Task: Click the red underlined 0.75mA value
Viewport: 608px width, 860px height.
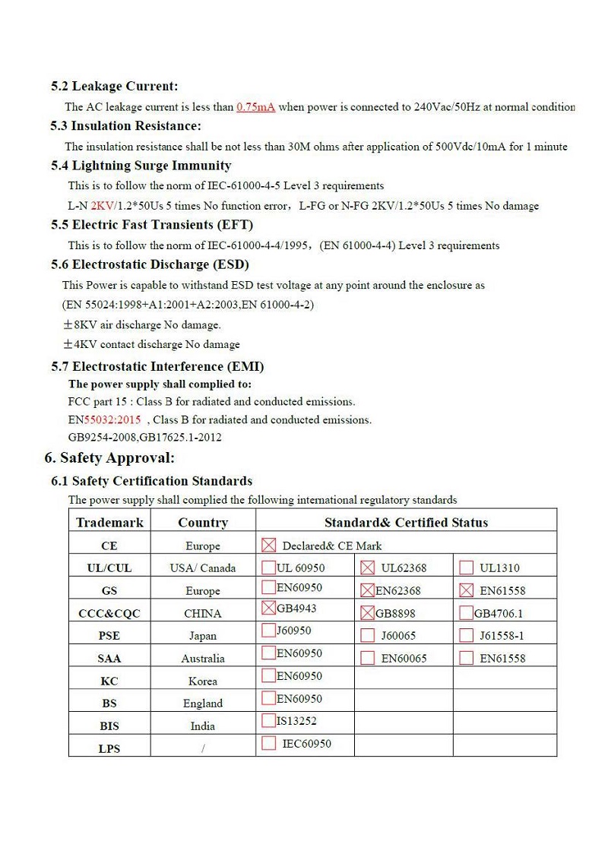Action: coord(255,107)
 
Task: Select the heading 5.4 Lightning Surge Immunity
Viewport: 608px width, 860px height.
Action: coord(141,166)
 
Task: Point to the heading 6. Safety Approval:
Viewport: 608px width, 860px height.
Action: coord(109,457)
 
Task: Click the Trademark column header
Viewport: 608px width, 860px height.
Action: coord(109,523)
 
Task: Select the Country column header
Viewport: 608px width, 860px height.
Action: coord(202,523)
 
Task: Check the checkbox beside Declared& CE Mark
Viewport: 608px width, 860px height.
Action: coord(268,545)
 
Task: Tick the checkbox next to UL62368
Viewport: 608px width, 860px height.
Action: coord(367,568)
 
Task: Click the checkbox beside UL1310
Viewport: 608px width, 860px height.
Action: coord(466,568)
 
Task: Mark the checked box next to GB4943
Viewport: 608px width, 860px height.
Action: coord(268,608)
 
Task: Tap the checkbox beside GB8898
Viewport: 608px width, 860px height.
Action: coord(367,612)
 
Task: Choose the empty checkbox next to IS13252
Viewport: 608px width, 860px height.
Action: coord(268,720)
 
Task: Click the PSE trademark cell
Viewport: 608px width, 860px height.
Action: coord(109,635)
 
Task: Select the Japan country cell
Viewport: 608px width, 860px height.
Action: coord(202,636)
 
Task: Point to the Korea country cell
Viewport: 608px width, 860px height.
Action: coord(202,681)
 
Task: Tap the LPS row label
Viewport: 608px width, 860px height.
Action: coord(109,748)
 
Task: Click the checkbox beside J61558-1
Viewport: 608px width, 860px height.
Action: coord(466,635)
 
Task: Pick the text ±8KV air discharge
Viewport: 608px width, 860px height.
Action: coord(141,325)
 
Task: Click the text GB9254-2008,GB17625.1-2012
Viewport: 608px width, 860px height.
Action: coord(144,438)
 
